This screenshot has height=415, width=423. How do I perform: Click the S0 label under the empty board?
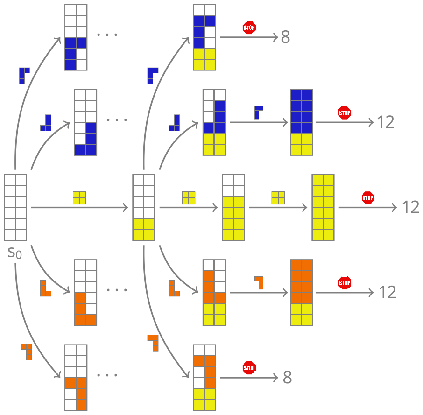click(14, 253)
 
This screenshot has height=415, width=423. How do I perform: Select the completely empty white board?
click(15, 207)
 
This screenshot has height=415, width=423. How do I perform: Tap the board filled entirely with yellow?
click(323, 207)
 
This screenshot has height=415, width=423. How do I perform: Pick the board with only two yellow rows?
click(143, 207)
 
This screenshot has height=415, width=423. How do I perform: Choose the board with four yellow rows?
click(233, 207)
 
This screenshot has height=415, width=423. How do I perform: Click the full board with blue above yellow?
click(302, 122)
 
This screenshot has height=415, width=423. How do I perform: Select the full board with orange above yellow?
click(302, 293)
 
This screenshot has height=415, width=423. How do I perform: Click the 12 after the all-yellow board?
click(411, 207)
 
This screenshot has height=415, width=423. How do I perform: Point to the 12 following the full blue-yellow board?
click(386, 122)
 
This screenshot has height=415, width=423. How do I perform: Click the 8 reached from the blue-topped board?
click(285, 37)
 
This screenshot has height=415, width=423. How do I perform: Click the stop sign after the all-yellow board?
click(368, 197)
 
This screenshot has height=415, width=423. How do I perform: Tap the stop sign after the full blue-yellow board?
click(345, 113)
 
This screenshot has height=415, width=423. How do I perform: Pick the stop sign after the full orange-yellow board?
click(345, 283)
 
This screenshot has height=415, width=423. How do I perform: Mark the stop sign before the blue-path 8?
click(249, 28)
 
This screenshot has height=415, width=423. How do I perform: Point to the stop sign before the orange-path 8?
click(249, 368)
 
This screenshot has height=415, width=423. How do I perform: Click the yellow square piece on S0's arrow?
click(79, 198)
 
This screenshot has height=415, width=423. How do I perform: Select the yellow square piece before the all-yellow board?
click(278, 198)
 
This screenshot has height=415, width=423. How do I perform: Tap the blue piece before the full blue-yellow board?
click(258, 113)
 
